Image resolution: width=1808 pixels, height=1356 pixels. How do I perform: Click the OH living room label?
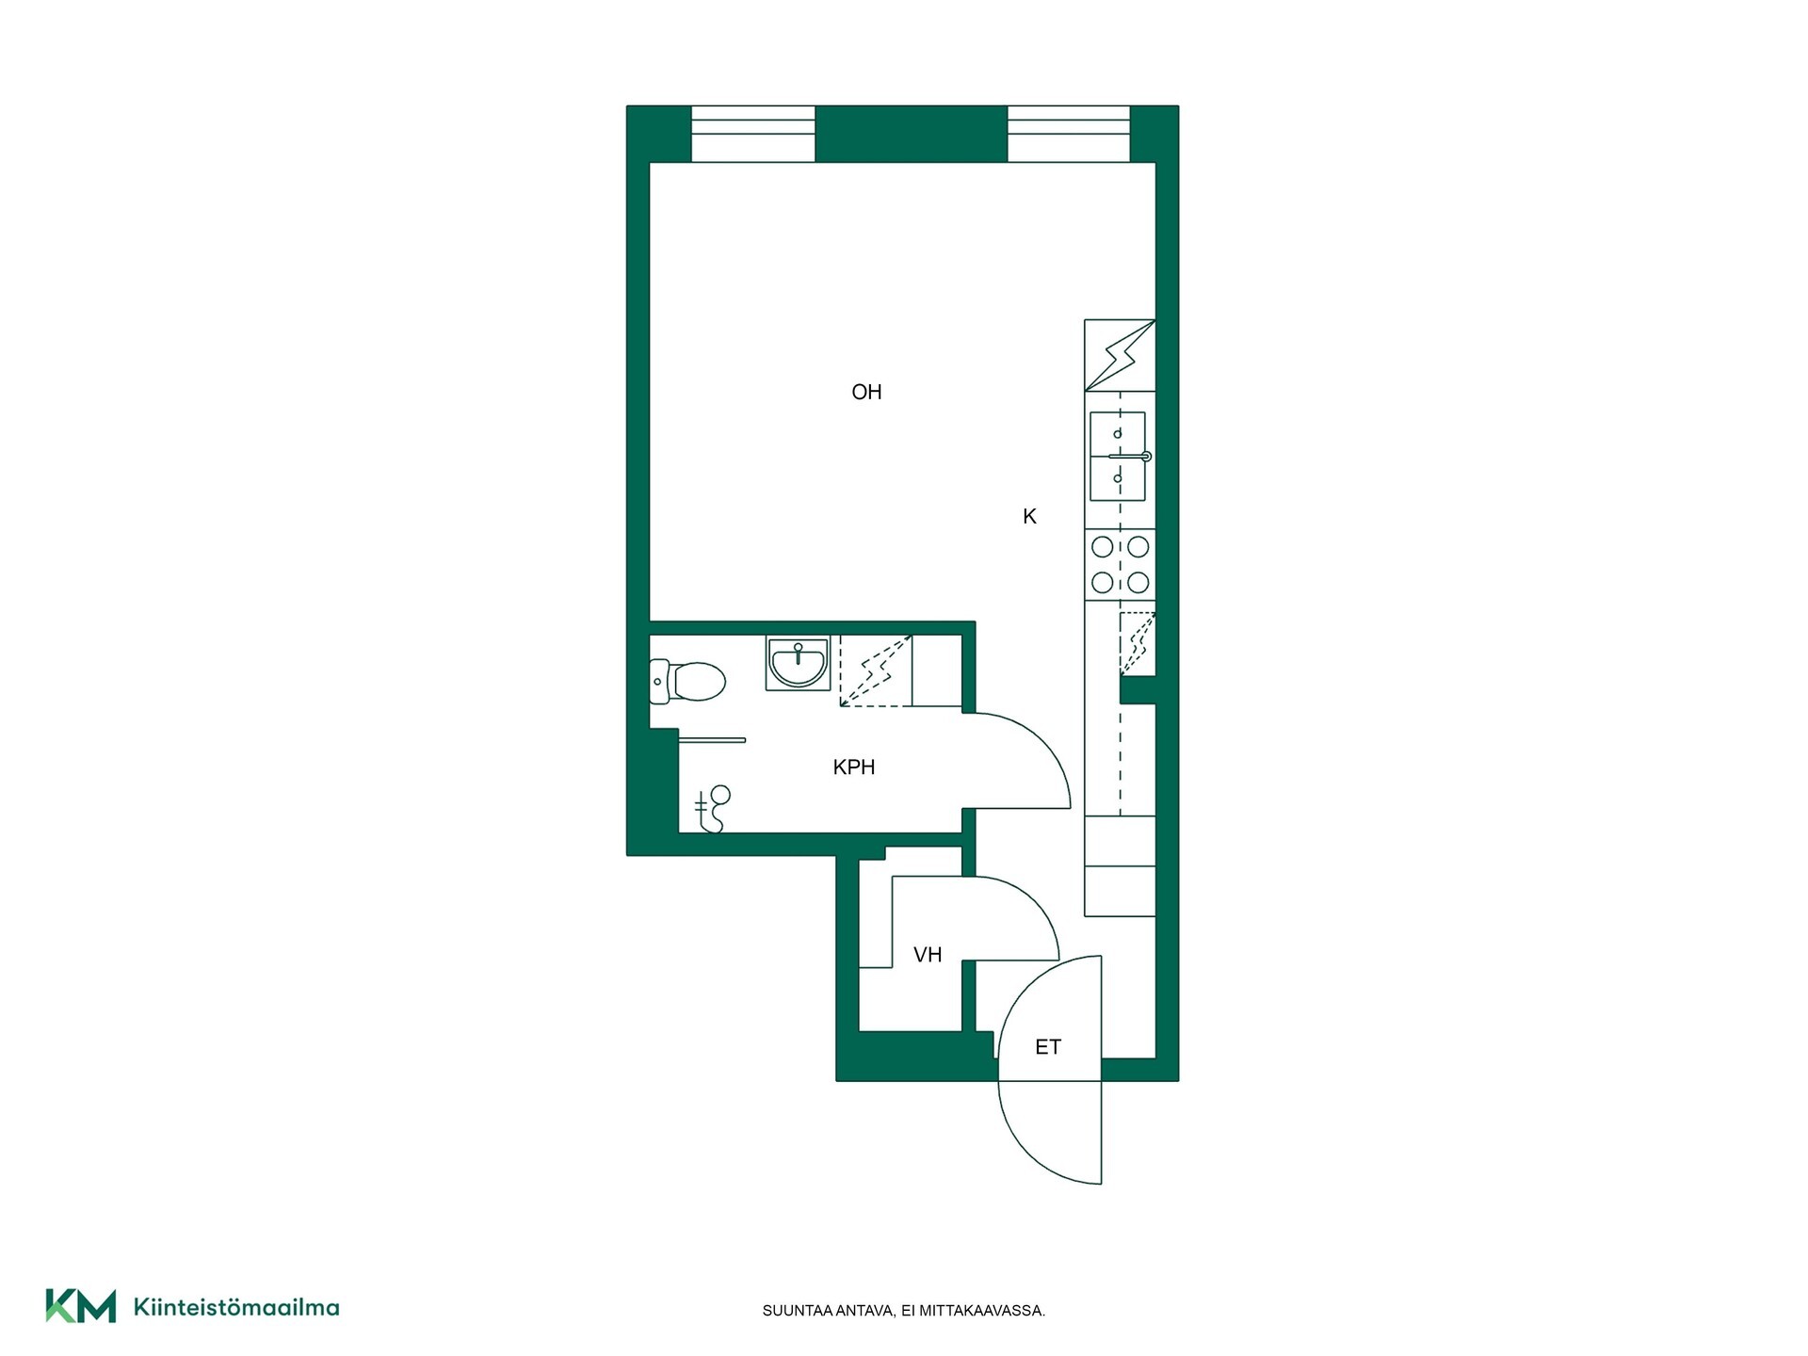[866, 392]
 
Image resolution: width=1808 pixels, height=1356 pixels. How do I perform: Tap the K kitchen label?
[1029, 516]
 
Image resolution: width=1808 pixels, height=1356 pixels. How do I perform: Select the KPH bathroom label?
[854, 767]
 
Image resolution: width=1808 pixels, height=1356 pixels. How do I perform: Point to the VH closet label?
[928, 955]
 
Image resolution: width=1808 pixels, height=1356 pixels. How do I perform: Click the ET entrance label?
[1048, 1047]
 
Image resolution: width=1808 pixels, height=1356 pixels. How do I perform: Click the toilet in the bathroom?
[687, 681]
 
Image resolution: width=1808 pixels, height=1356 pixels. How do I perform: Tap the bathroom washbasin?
[798, 663]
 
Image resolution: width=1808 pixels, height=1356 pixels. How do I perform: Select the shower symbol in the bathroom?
[713, 809]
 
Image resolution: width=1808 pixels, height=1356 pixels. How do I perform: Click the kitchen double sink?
[1118, 457]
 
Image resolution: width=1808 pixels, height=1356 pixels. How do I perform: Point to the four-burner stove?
[1120, 564]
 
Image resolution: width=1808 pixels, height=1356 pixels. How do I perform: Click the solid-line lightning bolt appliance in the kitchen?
[1120, 355]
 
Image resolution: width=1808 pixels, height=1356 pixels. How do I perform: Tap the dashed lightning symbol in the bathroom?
[876, 670]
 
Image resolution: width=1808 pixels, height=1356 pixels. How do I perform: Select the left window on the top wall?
[753, 134]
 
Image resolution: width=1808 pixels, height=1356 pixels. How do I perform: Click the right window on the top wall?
[1069, 134]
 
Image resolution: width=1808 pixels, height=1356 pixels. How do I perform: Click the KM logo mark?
[81, 1306]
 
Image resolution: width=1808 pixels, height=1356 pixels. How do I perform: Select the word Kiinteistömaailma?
[236, 1307]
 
